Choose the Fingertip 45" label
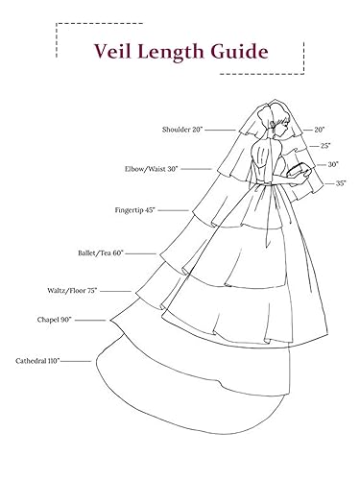click(x=135, y=208)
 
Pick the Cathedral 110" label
click(x=38, y=360)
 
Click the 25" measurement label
click(x=326, y=145)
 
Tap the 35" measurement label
click(x=341, y=182)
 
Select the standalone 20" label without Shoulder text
click(x=322, y=128)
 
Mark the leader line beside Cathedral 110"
click(x=78, y=361)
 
